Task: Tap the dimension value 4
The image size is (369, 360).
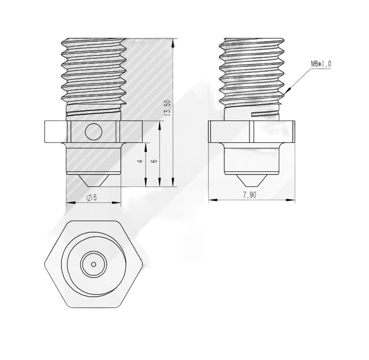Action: pyautogui.click(x=141, y=161)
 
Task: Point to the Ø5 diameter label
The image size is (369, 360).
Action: pyautogui.click(x=92, y=197)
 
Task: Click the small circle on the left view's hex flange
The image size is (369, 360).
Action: pyautogui.click(x=93, y=132)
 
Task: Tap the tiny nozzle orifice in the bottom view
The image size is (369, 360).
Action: pyautogui.click(x=93, y=264)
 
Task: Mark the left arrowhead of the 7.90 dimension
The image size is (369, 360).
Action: pyautogui.click(x=210, y=200)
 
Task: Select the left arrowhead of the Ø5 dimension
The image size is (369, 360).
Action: pyautogui.click(x=68, y=202)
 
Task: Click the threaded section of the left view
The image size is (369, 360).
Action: pyautogui.click(x=93, y=69)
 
